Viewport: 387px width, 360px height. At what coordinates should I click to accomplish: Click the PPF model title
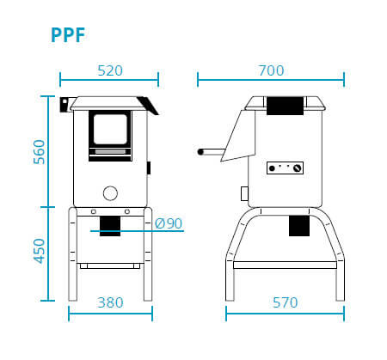click(68, 35)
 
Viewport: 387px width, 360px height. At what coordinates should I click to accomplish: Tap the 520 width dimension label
click(110, 70)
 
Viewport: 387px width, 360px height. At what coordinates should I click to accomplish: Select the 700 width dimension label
click(271, 70)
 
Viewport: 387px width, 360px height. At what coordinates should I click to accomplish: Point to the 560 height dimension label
click(40, 152)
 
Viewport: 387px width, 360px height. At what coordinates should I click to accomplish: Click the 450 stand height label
click(40, 251)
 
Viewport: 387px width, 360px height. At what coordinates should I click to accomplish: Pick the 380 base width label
click(110, 302)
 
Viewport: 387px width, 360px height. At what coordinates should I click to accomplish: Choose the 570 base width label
click(286, 302)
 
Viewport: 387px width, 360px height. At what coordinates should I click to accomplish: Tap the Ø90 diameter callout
click(169, 223)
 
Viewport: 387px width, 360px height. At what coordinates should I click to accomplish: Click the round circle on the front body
click(110, 193)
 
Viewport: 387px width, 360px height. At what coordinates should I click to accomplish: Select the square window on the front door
click(110, 129)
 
